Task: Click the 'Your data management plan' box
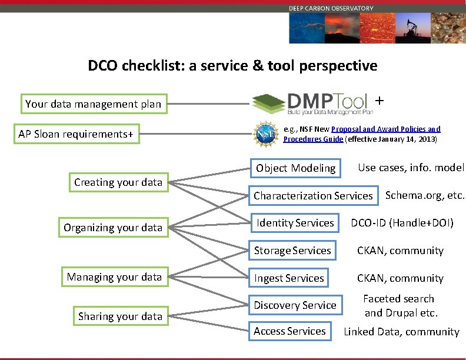(x=93, y=104)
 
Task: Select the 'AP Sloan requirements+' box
(x=76, y=135)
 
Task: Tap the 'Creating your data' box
(x=118, y=182)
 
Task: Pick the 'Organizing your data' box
(x=112, y=228)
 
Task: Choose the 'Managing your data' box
(x=114, y=277)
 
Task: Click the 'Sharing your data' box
(x=120, y=316)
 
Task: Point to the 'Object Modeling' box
(x=295, y=168)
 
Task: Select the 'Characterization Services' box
(x=313, y=196)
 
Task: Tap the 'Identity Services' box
(x=295, y=223)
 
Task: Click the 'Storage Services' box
(x=292, y=251)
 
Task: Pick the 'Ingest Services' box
(x=289, y=278)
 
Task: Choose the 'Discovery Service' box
(x=295, y=305)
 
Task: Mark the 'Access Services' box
(x=289, y=331)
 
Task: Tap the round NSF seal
(x=262, y=134)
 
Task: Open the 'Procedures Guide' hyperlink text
(x=313, y=139)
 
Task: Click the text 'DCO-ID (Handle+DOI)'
(x=402, y=223)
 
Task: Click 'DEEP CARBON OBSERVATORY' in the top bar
(x=331, y=8)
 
